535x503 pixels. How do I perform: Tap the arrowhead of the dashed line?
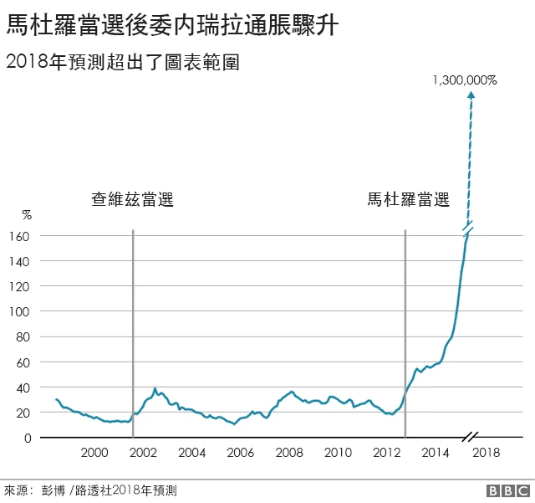pos(471,95)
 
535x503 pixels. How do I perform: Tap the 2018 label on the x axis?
pos(487,453)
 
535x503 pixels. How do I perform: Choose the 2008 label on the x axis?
pos(290,453)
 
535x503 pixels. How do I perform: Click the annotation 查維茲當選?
pos(133,199)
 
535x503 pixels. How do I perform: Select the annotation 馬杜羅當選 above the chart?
pos(409,199)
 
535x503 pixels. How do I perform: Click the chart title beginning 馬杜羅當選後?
pos(172,26)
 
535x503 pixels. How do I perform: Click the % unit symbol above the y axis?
pos(26,215)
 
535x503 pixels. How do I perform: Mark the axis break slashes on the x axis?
pos(471,438)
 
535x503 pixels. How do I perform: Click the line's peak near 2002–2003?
pos(155,389)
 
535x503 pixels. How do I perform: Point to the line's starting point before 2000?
pos(56,399)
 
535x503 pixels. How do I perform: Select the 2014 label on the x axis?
pos(436,453)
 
